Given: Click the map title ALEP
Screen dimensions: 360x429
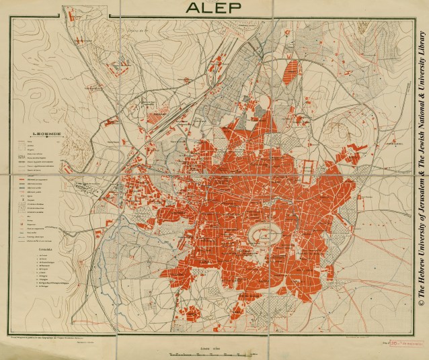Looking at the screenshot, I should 214,7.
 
